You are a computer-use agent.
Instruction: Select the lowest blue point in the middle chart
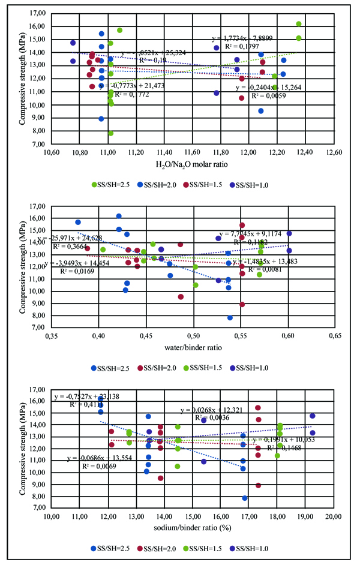[x=230, y=317]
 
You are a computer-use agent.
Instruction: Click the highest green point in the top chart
[x=299, y=24]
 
